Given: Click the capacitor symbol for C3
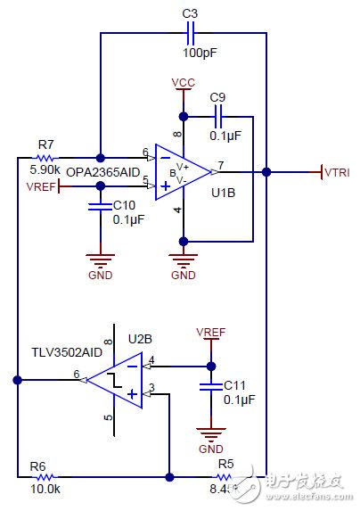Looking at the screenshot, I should (x=189, y=34).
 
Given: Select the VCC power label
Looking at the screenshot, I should (x=184, y=83).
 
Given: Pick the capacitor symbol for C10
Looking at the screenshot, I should (x=99, y=208).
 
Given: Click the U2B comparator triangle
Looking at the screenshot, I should (x=115, y=380).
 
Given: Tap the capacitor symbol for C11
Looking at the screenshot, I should (x=211, y=387).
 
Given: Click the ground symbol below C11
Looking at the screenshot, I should (x=211, y=435).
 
